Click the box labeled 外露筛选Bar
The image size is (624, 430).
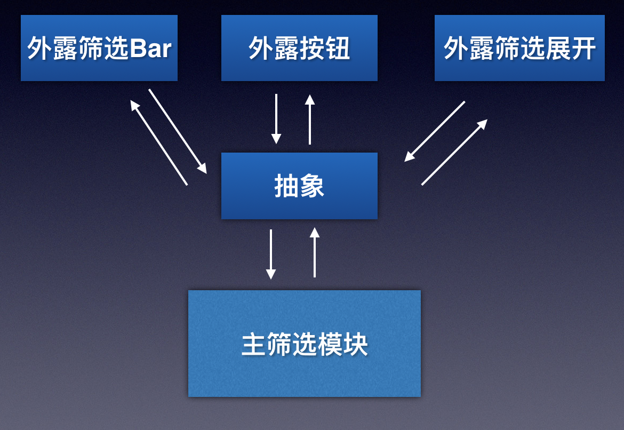click(x=99, y=48)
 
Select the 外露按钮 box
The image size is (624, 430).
click(x=299, y=48)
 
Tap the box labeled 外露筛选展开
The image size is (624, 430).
click(x=519, y=48)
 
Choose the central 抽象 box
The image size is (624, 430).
click(x=299, y=186)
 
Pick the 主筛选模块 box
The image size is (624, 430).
click(x=305, y=343)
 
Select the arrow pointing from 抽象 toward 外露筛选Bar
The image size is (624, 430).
click(x=159, y=143)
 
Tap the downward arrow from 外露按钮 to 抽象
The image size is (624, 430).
click(x=276, y=119)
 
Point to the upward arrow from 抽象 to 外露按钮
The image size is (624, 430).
click(x=310, y=120)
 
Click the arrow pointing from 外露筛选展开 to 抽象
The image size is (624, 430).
click(x=435, y=131)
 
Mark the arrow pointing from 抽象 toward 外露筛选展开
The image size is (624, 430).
click(x=454, y=152)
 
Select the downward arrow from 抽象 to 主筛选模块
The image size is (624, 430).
click(x=271, y=254)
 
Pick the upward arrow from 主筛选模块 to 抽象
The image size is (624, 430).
click(x=315, y=252)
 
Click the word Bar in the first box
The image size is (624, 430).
click(x=150, y=49)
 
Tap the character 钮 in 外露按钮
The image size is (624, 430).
click(x=338, y=49)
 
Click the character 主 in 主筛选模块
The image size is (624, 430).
click(x=254, y=345)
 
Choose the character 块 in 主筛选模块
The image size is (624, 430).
click(x=355, y=345)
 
